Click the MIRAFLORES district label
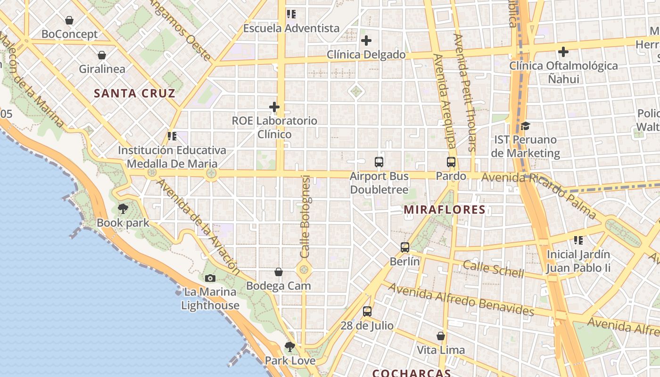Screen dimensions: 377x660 (x=445, y=210)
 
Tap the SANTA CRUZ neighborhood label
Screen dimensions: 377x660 (x=134, y=93)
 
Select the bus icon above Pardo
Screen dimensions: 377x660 (x=451, y=162)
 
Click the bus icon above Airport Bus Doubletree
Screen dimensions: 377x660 (x=379, y=162)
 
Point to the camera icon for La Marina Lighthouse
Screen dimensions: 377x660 (x=210, y=278)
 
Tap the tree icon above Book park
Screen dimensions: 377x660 (x=123, y=208)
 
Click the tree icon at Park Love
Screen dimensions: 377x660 (x=290, y=347)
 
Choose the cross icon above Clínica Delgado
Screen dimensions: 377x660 (x=366, y=41)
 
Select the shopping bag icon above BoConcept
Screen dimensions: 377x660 (x=69, y=20)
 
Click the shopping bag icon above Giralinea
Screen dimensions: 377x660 (x=102, y=55)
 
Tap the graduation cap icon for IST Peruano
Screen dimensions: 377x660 (x=525, y=126)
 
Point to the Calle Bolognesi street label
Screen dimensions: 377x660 (x=305, y=217)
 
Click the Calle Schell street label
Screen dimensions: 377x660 (x=493, y=269)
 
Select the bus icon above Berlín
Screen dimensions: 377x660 (x=404, y=247)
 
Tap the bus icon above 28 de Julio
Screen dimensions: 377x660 (x=367, y=311)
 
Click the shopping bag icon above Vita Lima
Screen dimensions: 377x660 (x=441, y=336)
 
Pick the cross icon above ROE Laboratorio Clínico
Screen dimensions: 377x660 (x=274, y=107)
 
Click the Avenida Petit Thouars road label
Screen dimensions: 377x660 (x=465, y=92)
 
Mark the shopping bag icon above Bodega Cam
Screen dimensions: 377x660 (x=279, y=272)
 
